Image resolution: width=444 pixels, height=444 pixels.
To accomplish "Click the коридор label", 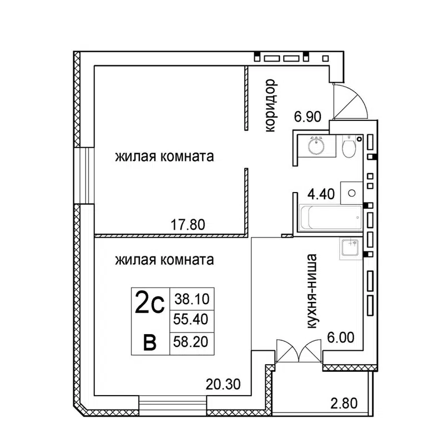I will click(x=270, y=106).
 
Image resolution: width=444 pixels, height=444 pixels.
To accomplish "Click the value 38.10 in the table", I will click(x=191, y=299).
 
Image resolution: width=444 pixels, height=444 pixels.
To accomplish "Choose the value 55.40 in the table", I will click(x=191, y=320).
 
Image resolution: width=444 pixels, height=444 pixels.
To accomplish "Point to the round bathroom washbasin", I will click(x=316, y=147).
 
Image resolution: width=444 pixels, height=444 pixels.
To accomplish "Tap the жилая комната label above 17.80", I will click(x=165, y=157).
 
